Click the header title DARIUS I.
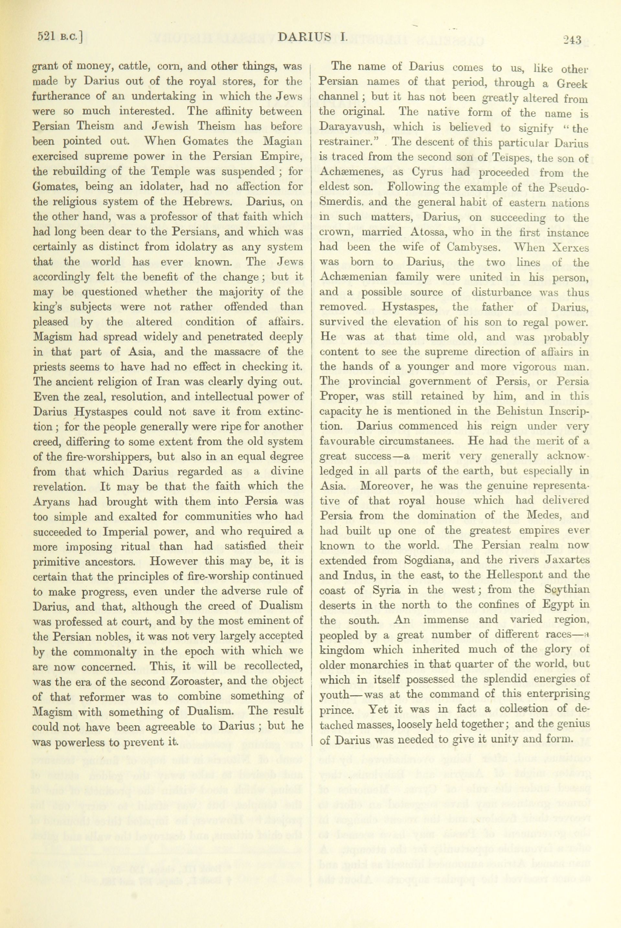point(313,38)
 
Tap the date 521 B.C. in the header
point(60,37)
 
